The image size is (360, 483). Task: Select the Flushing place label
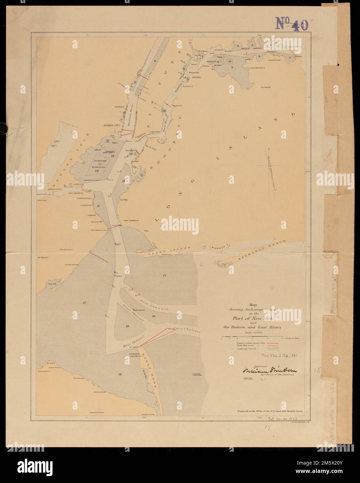[266, 88]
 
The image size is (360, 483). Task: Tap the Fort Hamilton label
[131, 221]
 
